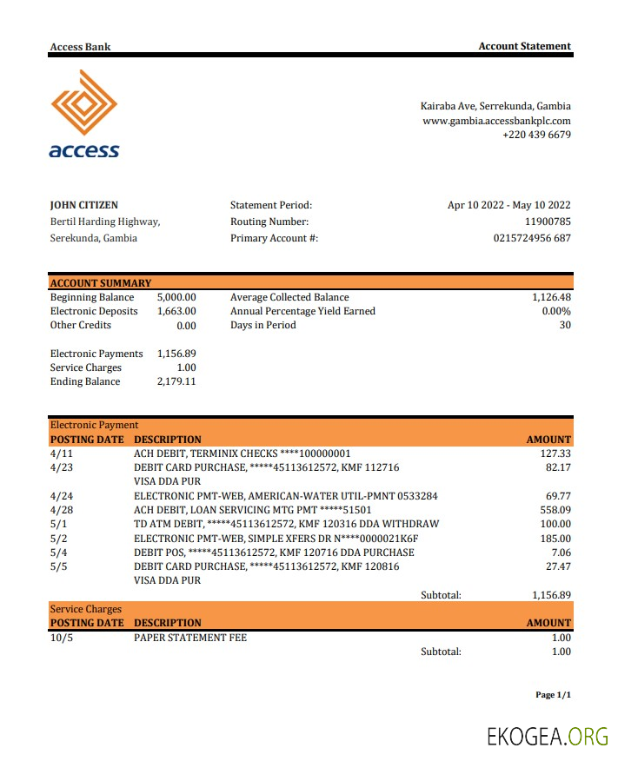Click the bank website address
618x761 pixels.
496,121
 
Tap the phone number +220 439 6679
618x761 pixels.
536,135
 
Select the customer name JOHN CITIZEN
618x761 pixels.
84,206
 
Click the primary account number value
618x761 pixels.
532,238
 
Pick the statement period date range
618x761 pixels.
508,206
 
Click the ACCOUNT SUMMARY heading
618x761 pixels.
101,283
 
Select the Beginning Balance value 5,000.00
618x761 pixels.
176,297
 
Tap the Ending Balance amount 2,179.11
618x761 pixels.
176,381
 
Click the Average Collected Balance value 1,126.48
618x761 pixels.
551,297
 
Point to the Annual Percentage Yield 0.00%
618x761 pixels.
556,311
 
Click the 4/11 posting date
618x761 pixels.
62,453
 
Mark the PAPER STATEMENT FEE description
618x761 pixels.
190,638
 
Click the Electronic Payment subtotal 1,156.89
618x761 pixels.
551,595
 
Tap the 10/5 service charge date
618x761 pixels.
62,638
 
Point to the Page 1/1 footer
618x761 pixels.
553,695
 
